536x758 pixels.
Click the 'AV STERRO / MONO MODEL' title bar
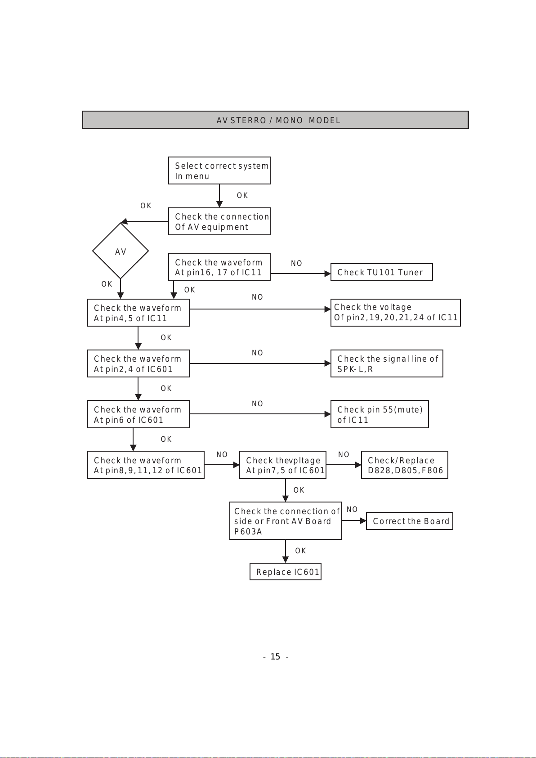(x=275, y=120)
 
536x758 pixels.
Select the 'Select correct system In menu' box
(x=219, y=170)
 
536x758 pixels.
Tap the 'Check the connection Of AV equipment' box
(x=219, y=221)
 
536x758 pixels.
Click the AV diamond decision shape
(x=121, y=251)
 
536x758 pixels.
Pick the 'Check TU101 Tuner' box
(x=381, y=272)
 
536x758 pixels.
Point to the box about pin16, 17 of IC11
(x=219, y=267)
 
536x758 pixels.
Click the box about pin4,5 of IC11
(x=138, y=313)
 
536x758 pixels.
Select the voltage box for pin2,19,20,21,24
(x=396, y=313)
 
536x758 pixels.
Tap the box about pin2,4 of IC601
(x=138, y=363)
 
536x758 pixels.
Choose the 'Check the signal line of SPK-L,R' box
(x=387, y=363)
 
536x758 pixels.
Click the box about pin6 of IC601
(x=138, y=414)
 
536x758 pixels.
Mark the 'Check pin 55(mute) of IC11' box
(x=380, y=414)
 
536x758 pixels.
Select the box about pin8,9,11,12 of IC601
(x=146, y=465)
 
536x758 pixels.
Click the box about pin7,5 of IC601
(x=283, y=465)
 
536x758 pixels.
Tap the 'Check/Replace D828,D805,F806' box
(x=405, y=465)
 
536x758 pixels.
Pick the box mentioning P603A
(x=286, y=521)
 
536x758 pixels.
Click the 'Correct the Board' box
(x=410, y=521)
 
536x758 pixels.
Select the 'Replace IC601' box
(x=286, y=572)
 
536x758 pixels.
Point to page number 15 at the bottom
(x=276, y=657)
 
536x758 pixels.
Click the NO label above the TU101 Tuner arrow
(x=297, y=263)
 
